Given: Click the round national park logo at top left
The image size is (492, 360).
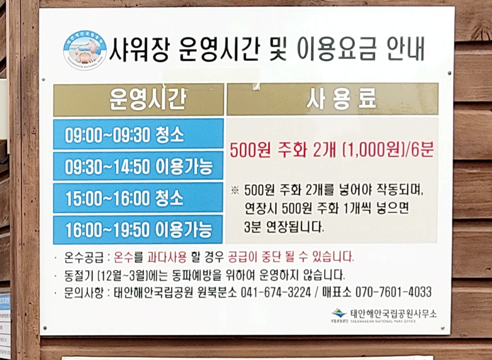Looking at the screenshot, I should tap(84, 49).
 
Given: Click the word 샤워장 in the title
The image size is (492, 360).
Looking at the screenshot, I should tap(139, 49).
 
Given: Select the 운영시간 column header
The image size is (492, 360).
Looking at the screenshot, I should tap(138, 99).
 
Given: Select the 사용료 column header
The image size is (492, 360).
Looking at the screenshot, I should tap(332, 99).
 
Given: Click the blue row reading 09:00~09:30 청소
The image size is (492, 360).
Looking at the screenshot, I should tap(138, 134).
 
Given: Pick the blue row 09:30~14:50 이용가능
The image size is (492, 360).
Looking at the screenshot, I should tap(138, 166).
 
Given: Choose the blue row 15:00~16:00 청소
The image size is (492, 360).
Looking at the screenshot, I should tap(138, 198).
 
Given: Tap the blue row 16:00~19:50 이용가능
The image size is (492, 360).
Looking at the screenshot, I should tap(138, 230).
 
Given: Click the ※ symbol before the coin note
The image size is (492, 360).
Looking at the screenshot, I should tap(234, 190).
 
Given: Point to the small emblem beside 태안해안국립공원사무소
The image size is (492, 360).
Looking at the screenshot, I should tap(339, 314).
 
